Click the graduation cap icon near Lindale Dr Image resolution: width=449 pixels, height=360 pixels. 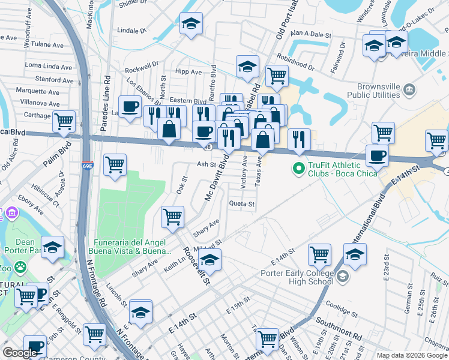tap(191, 24)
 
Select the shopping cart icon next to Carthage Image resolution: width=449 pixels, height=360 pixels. tap(64, 122)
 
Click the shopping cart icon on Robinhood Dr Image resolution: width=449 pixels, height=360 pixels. tap(277, 76)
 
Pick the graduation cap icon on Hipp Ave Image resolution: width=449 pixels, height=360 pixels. tap(247, 68)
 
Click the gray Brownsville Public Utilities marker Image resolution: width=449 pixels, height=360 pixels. tap(410, 90)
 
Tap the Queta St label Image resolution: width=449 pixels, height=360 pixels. tap(242, 204)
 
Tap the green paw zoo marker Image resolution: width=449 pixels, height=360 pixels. tap(20, 266)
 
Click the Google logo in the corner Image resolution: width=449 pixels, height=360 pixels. tap(20, 353)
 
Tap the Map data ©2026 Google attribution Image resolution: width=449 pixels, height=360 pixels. tap(412, 355)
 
